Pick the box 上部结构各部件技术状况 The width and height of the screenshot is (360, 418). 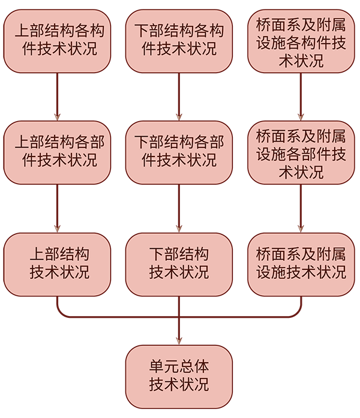point(57,152)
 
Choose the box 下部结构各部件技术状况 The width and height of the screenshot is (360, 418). point(179,152)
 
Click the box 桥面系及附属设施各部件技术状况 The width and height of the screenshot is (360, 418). point(301,152)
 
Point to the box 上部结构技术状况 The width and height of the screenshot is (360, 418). point(57,264)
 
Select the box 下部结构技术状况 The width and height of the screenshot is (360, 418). point(179,264)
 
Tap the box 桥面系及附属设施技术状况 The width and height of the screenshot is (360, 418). point(301,264)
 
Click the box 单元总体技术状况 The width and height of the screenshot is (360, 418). point(179,376)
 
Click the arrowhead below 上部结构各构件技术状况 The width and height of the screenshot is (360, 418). point(57,118)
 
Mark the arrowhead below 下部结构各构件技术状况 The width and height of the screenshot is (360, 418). point(179,118)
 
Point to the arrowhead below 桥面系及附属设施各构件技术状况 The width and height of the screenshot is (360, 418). point(301,118)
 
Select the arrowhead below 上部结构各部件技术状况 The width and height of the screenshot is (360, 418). point(57,229)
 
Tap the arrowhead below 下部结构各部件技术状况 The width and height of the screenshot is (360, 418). point(179,229)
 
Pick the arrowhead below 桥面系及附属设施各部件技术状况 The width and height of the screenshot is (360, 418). point(301,229)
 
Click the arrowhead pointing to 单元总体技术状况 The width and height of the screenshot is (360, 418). point(179,341)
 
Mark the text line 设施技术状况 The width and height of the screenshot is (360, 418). point(301,272)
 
